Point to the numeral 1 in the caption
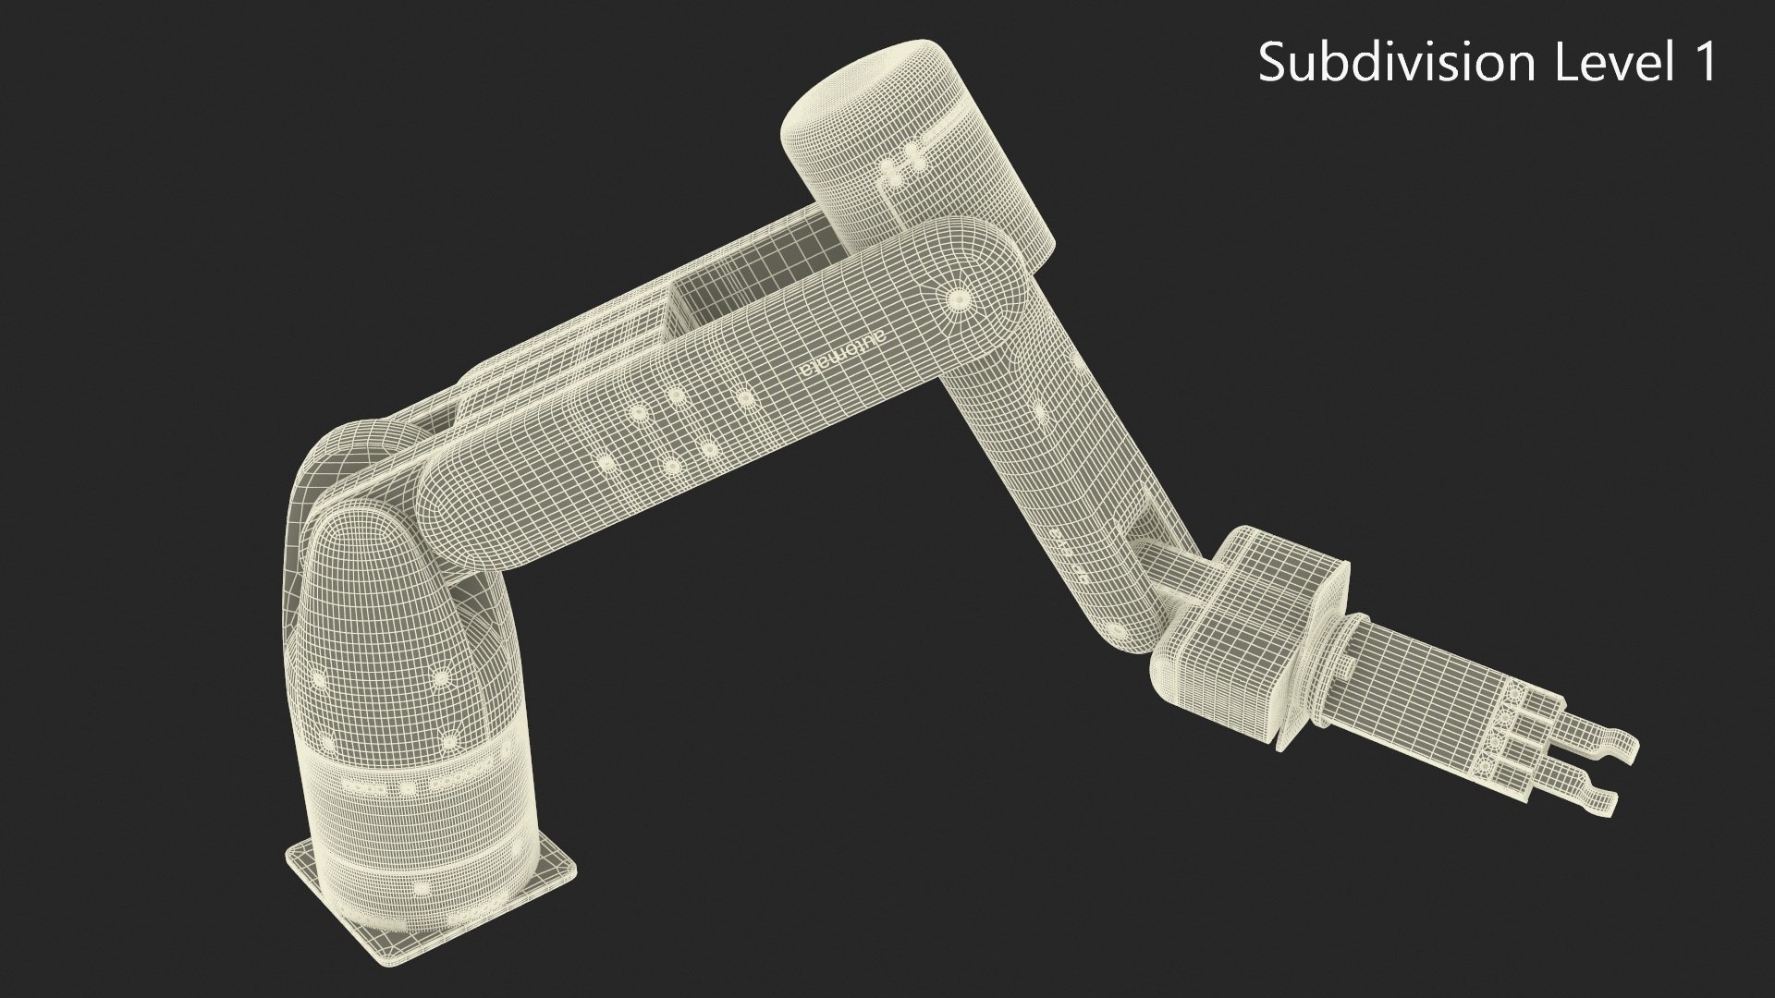pyautogui.click(x=1702, y=63)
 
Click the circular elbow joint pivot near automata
pyautogui.click(x=956, y=298)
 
